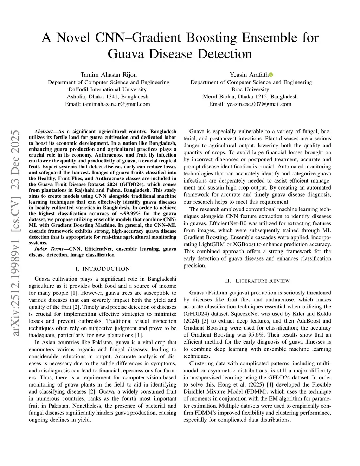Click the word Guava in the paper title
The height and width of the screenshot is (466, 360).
128,54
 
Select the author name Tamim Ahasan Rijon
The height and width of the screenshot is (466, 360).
108,75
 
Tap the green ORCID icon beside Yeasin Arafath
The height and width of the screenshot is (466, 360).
271,75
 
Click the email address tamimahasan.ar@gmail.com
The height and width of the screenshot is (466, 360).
108,104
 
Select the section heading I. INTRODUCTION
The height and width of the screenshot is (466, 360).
103,269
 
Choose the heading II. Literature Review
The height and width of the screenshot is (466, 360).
257,281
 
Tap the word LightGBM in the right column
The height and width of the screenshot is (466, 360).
211,244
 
